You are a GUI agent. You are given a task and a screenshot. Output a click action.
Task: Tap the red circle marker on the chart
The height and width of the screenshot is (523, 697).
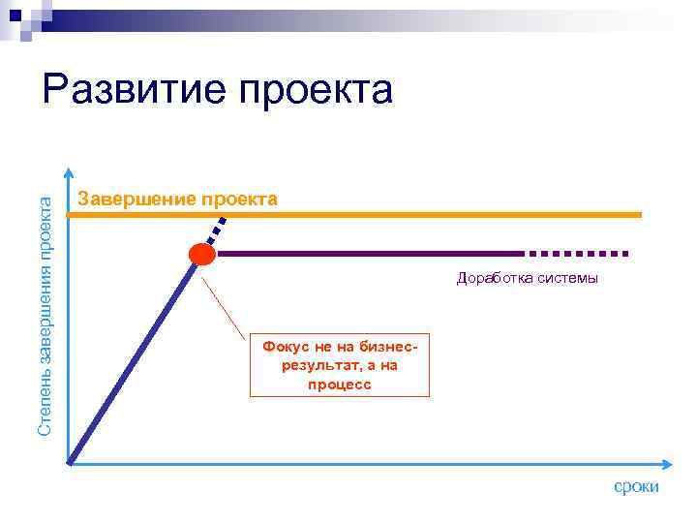point(202,255)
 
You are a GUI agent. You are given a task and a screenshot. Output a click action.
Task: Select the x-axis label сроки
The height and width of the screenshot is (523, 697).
point(636,486)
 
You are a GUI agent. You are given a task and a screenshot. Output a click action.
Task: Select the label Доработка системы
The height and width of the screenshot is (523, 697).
point(528,279)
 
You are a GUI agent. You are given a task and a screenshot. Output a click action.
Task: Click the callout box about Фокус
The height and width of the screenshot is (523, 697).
point(339,365)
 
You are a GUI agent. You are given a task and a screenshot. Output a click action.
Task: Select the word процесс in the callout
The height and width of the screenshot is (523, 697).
point(339,385)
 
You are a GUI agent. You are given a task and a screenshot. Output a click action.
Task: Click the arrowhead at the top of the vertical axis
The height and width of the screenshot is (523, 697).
point(69,173)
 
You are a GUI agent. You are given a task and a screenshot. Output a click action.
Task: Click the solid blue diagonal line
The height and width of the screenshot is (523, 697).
point(136,357)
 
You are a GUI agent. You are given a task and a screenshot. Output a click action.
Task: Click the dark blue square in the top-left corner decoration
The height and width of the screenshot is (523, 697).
point(15,15)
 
